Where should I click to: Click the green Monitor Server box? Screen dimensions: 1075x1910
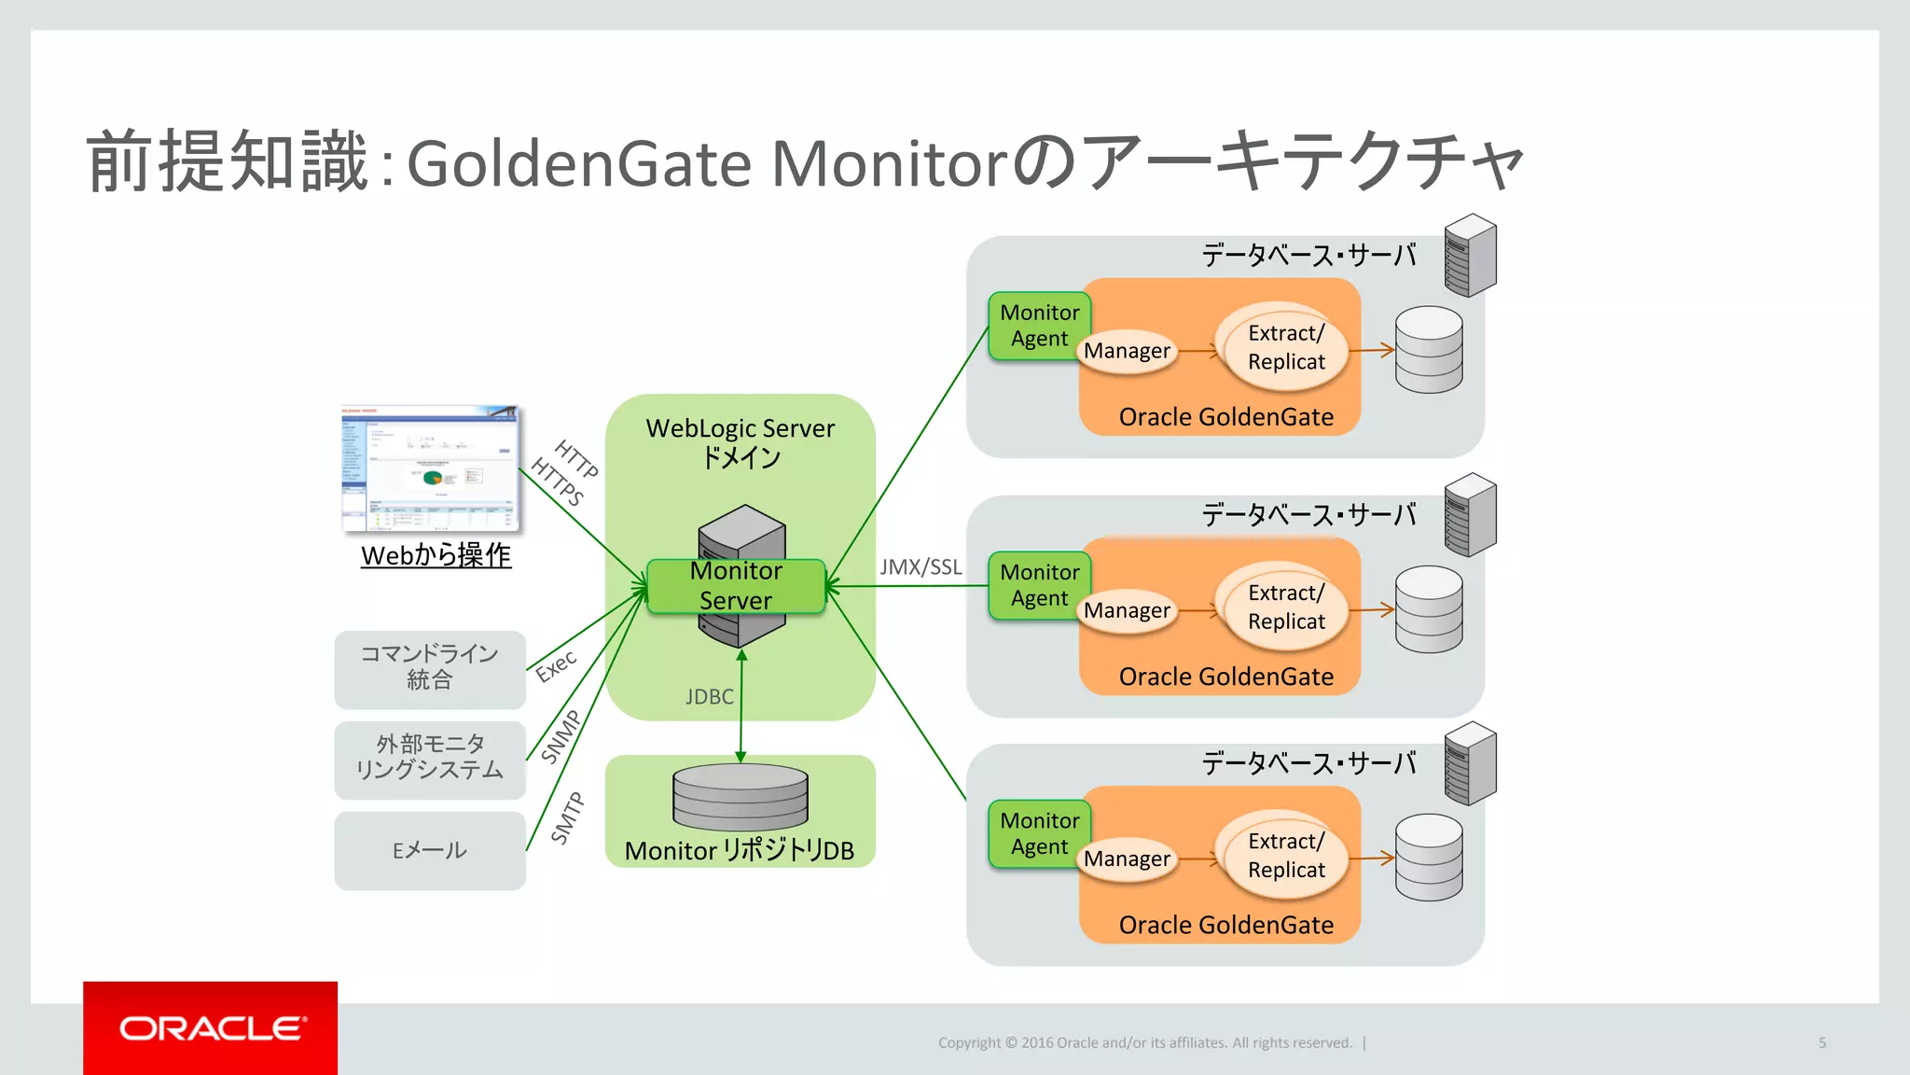pos(736,586)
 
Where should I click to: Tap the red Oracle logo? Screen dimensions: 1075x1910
pos(210,1027)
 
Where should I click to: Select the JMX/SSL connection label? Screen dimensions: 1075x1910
pos(920,566)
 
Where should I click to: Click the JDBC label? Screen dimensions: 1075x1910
pos(709,696)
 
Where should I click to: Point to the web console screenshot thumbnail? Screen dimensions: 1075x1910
pos(430,468)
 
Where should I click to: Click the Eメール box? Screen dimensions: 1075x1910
pos(430,850)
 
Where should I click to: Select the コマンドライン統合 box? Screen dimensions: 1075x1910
pos(430,667)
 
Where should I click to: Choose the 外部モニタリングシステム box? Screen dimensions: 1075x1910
pos(430,758)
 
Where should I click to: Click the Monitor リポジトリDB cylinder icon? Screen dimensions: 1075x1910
pos(740,797)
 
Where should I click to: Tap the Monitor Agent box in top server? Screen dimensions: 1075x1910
pos(1039,326)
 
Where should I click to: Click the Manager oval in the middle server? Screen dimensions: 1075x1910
pos(1127,610)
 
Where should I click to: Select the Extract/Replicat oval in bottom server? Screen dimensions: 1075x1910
pos(1286,855)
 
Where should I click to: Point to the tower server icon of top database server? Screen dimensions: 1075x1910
pos(1470,256)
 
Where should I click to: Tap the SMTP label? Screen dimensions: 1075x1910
pos(567,817)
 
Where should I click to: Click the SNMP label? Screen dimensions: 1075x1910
pos(561,736)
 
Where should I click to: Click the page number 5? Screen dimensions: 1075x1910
pos(1821,1042)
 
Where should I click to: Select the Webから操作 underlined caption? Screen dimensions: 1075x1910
pos(436,555)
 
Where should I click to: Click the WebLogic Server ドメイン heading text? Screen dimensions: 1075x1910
pos(740,442)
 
